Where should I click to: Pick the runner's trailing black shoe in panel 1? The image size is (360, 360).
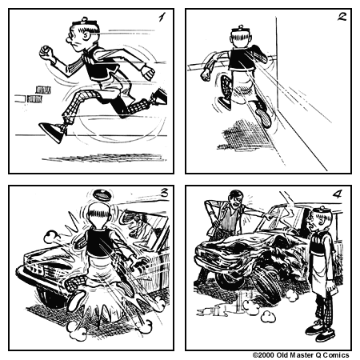point(53,130)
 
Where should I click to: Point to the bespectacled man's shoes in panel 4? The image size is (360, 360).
point(315,327)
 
